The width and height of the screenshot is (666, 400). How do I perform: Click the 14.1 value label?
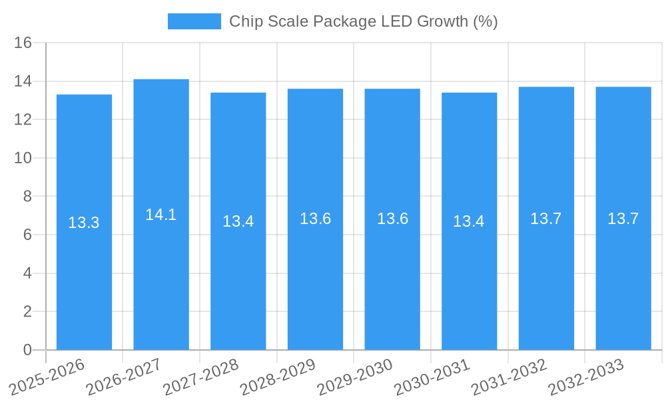click(x=161, y=215)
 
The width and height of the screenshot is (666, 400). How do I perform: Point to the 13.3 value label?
click(x=84, y=223)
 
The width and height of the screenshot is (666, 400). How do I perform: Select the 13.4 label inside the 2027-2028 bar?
click(x=238, y=221)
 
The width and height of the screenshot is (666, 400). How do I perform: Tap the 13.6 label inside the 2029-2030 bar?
click(x=392, y=219)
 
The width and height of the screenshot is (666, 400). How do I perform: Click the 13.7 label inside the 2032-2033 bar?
click(x=623, y=219)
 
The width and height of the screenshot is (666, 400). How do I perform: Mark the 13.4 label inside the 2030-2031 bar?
click(x=469, y=221)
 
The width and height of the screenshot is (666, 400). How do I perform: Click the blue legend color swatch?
click(x=194, y=21)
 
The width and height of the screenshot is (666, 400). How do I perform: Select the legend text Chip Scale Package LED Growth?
click(x=363, y=21)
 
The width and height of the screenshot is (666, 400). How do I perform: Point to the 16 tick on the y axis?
click(x=23, y=43)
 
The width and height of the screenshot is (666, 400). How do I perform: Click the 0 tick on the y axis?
click(x=27, y=350)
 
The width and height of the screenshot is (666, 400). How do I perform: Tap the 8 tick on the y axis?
click(x=27, y=197)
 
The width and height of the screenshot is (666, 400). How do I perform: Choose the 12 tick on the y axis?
click(x=23, y=120)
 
